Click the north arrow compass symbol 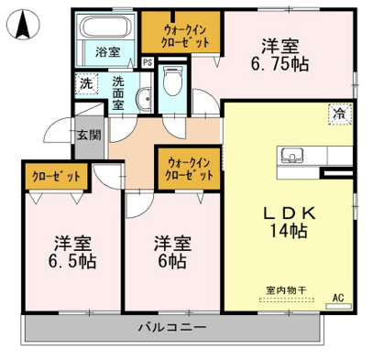click(24, 25)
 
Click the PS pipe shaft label click(148, 63)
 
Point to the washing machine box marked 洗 click(86, 83)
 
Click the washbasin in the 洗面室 click(145, 98)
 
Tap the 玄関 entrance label click(89, 135)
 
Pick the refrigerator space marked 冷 click(340, 115)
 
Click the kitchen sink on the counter click(292, 156)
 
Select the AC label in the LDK click(338, 297)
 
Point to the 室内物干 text click(286, 290)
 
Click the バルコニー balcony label click(173, 328)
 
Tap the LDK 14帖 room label click(290, 223)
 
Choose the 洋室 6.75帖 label click(280, 56)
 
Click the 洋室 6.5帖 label click(72, 253)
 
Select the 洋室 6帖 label click(172, 253)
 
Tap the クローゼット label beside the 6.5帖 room click(56, 177)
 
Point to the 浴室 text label click(108, 52)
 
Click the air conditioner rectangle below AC click(339, 306)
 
